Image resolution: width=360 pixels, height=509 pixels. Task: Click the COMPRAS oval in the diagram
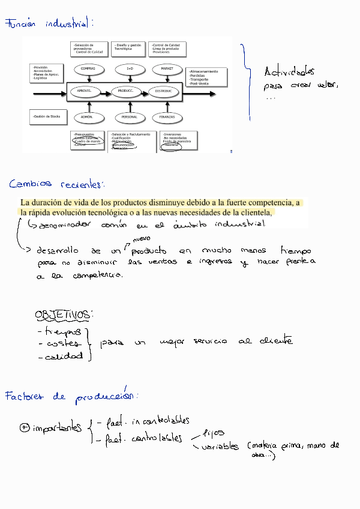pyautogui.click(x=88, y=69)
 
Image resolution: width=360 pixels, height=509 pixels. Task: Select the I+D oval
pyautogui.click(x=130, y=69)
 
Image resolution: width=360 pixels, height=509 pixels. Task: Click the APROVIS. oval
pyautogui.click(x=85, y=91)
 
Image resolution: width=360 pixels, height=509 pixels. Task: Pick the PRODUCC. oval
pyautogui.click(x=125, y=91)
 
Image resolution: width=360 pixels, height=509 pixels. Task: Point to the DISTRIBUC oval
pyautogui.click(x=163, y=91)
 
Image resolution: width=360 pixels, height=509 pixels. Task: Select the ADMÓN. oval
pyautogui.click(x=88, y=116)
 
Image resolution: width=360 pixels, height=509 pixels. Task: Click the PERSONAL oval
pyautogui.click(x=130, y=116)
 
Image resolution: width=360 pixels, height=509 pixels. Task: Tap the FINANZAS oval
pyautogui.click(x=167, y=116)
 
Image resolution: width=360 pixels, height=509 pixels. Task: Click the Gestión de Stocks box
pyautogui.click(x=47, y=116)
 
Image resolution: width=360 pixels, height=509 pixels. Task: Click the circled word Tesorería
pyautogui.click(x=172, y=145)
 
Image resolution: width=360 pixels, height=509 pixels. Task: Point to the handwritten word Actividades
pyautogui.click(x=289, y=73)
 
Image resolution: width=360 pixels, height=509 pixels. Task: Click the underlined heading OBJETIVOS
pyautogui.click(x=62, y=315)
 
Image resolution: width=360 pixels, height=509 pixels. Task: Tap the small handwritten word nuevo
pyautogui.click(x=141, y=239)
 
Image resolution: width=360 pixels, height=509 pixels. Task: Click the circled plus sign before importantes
pyautogui.click(x=25, y=427)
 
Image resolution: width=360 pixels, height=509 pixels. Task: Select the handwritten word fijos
pyautogui.click(x=214, y=432)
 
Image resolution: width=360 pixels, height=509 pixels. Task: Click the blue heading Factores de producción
pyautogui.click(x=71, y=397)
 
